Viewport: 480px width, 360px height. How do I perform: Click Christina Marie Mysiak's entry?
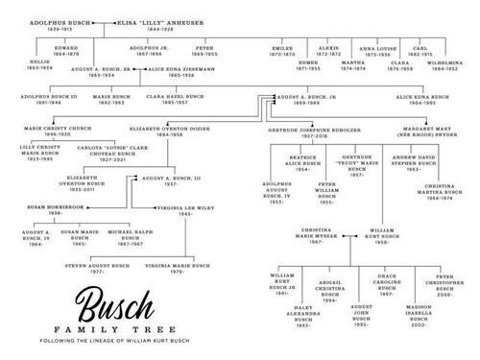click(323, 232)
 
